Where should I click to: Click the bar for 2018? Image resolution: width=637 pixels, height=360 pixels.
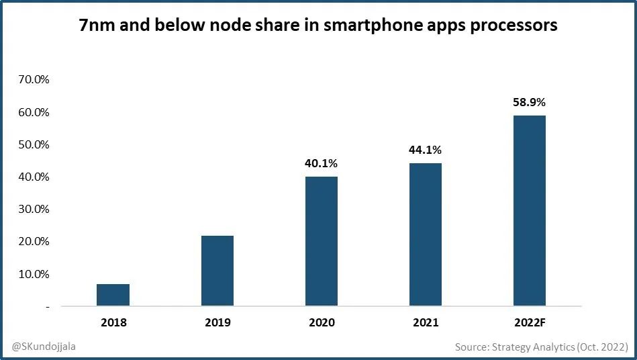113,295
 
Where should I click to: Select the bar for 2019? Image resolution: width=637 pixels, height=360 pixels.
217,271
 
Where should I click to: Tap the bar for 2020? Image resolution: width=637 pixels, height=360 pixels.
322,241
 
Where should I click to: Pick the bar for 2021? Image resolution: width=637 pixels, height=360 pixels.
426,234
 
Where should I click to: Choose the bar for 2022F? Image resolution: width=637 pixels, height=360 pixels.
530,211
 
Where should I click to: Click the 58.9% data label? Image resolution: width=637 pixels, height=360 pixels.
530,103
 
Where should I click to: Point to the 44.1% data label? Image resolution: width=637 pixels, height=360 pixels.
426,150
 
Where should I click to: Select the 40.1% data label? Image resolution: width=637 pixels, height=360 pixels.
322,163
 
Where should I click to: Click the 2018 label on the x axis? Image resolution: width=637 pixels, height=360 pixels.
113,322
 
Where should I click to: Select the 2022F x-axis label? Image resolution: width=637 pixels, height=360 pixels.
530,322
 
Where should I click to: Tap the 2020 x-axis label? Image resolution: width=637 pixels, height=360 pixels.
322,322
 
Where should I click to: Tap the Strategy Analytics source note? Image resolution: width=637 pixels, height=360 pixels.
541,347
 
